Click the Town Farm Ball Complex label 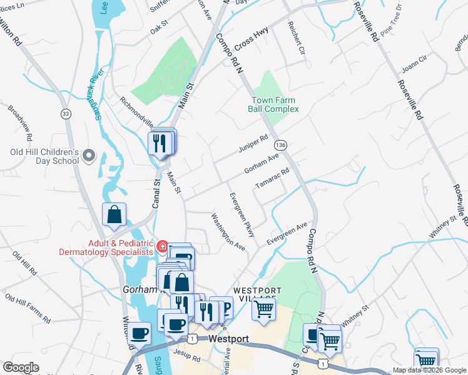(x=275, y=104)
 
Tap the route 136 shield (x=281, y=144)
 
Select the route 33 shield (x=65, y=114)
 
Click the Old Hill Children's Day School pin (x=88, y=154)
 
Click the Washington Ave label (x=228, y=232)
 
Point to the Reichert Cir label (x=295, y=37)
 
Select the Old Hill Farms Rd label (x=28, y=306)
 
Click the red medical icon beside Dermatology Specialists (x=163, y=246)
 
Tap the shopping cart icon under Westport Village (x=264, y=307)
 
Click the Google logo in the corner (x=21, y=367)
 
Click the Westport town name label (x=228, y=339)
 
